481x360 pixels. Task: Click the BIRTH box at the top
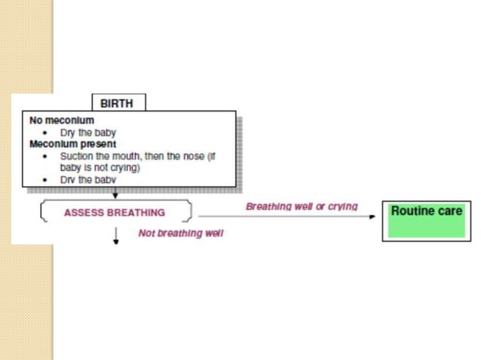coord(118,102)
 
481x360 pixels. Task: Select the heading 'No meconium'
coord(62,121)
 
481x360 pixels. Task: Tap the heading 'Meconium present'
coord(72,144)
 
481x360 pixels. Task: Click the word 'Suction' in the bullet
coord(76,156)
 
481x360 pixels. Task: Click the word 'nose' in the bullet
coord(194,156)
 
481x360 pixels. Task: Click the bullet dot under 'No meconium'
coord(45,133)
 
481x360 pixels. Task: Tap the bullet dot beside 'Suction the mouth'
coord(45,157)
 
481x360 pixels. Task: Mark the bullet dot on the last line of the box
coord(45,180)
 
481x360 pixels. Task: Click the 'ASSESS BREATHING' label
coord(115,212)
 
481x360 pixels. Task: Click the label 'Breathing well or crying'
coord(302,207)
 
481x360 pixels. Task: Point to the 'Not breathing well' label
coord(181,233)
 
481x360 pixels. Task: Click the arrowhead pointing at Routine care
coord(372,217)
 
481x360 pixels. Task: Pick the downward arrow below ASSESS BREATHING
coord(115,236)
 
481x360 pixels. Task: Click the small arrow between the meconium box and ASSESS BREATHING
coord(115,193)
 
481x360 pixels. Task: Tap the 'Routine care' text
coord(427,211)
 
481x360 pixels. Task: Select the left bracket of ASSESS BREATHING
coord(44,211)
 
